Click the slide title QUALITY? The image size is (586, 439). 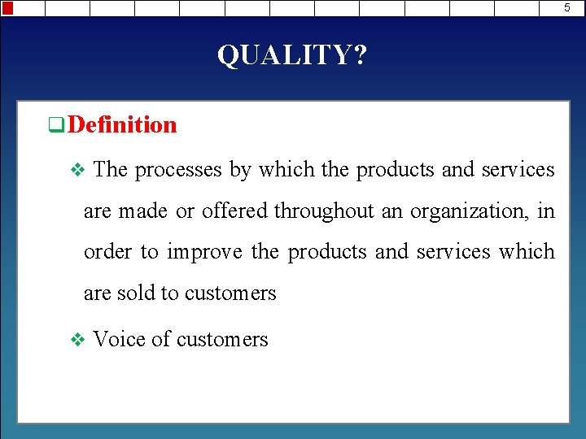click(292, 55)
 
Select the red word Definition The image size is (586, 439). click(122, 124)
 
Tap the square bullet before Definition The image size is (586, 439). click(56, 125)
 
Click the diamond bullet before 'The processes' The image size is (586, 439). click(78, 170)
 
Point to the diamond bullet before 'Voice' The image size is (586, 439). click(78, 340)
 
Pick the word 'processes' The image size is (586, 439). click(177, 170)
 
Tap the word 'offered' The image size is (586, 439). click(234, 211)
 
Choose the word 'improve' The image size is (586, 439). click(204, 252)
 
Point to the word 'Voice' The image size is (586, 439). click(120, 339)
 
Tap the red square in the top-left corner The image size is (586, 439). click(7, 8)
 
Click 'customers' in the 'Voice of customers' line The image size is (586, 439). click(222, 339)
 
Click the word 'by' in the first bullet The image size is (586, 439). click(239, 170)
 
